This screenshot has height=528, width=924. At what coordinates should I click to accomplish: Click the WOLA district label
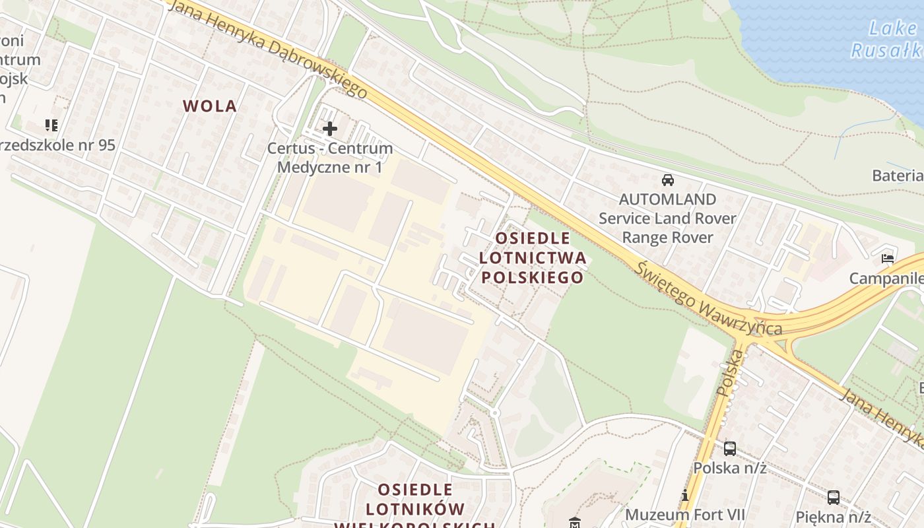pyautogui.click(x=209, y=106)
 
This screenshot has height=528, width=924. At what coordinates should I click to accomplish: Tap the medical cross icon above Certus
pyautogui.click(x=329, y=128)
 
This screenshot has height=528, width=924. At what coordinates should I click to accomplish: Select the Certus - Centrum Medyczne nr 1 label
pyautogui.click(x=329, y=158)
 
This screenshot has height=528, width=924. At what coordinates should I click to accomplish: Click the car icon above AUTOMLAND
pyautogui.click(x=667, y=180)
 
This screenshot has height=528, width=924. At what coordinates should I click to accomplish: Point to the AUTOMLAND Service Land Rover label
pyautogui.click(x=667, y=218)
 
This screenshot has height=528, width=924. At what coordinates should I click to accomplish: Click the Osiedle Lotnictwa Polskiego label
pyautogui.click(x=532, y=257)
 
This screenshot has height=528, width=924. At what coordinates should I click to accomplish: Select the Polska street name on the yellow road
pyautogui.click(x=729, y=373)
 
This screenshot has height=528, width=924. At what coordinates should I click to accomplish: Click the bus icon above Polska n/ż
pyautogui.click(x=729, y=449)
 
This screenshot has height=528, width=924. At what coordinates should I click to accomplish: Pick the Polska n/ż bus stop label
pyautogui.click(x=729, y=468)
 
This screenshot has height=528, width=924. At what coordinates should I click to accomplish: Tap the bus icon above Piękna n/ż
pyautogui.click(x=834, y=498)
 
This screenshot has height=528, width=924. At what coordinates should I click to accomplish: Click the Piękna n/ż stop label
pyautogui.click(x=834, y=517)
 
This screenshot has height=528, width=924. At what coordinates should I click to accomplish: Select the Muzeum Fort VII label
pyautogui.click(x=685, y=514)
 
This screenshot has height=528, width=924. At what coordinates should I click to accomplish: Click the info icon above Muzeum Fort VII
pyautogui.click(x=685, y=495)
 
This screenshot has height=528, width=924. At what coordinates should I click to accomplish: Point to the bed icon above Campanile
pyautogui.click(x=888, y=259)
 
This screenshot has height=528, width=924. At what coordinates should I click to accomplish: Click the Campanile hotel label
pyautogui.click(x=886, y=278)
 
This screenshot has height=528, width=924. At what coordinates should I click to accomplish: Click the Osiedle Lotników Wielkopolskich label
pyautogui.click(x=416, y=509)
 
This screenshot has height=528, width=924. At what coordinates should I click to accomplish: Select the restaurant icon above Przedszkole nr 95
pyautogui.click(x=51, y=125)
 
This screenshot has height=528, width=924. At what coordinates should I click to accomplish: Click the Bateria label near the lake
pyautogui.click(x=898, y=175)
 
